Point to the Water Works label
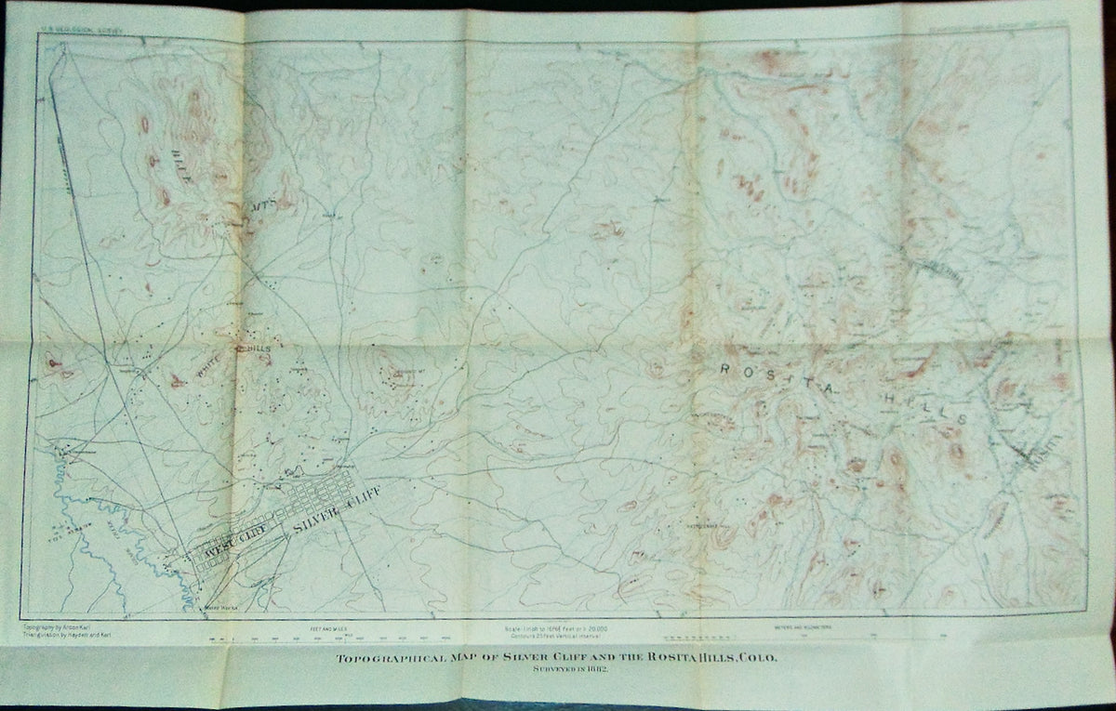[219, 609]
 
